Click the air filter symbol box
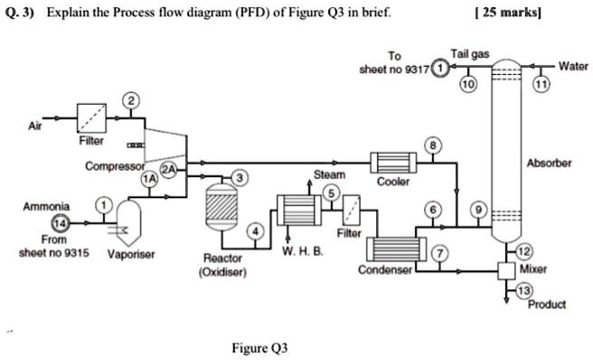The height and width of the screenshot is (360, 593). tap(90, 118)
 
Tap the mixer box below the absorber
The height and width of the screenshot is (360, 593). tap(508, 270)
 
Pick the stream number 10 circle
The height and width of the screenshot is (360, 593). tap(466, 84)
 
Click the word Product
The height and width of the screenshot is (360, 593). tap(548, 305)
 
